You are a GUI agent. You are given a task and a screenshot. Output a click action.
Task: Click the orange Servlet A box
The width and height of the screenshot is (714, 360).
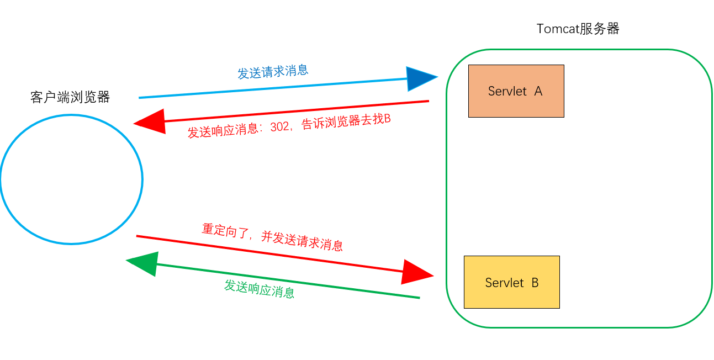point(516,91)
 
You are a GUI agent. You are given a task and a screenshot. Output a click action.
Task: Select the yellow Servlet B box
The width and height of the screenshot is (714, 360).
point(511,282)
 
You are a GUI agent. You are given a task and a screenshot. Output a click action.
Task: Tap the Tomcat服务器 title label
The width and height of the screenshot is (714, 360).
point(578,29)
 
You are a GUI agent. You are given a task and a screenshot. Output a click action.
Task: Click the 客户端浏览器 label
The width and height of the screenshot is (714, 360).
point(70,98)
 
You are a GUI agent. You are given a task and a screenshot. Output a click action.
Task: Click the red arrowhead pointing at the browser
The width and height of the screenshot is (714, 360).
point(150,121)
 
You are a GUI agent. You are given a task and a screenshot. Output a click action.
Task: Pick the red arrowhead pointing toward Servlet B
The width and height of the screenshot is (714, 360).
point(416,272)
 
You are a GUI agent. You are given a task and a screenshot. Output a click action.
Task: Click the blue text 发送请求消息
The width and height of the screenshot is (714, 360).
point(273,72)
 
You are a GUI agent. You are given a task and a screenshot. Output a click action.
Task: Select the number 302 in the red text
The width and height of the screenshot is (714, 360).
point(280,128)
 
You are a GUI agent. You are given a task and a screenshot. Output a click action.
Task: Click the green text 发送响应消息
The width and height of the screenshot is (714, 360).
point(259,289)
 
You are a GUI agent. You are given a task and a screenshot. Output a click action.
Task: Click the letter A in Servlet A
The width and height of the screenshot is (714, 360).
point(538,91)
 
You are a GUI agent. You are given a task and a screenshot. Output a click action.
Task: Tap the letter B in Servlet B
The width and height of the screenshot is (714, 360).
point(535,283)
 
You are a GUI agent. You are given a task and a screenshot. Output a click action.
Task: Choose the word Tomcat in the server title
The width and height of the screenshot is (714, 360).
point(558,29)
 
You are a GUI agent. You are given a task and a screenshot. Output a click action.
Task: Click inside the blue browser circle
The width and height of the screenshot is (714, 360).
point(71,179)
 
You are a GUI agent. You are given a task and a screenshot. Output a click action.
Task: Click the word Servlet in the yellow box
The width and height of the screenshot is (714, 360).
point(504,283)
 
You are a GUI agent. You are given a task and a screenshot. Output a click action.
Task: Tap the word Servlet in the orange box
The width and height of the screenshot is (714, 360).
point(507,91)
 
